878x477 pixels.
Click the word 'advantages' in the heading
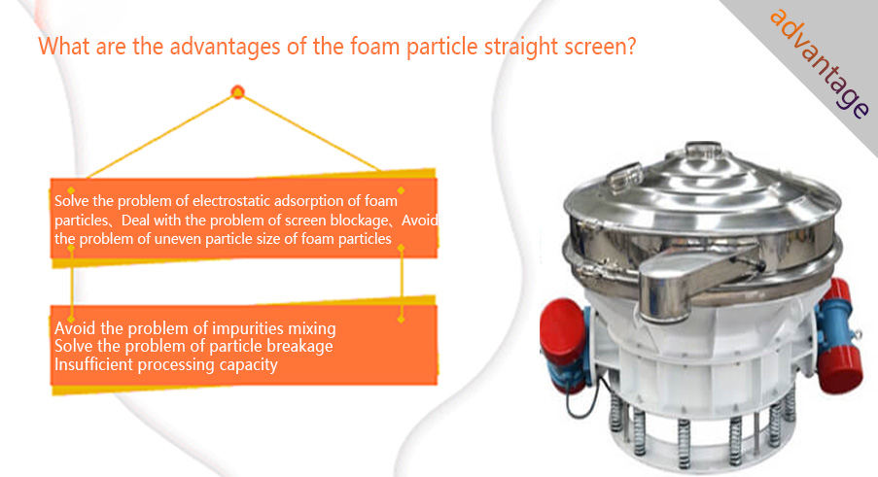[225, 46]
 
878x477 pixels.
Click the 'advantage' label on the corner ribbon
[820, 63]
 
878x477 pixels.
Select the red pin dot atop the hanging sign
[237, 92]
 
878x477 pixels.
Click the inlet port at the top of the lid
[703, 150]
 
